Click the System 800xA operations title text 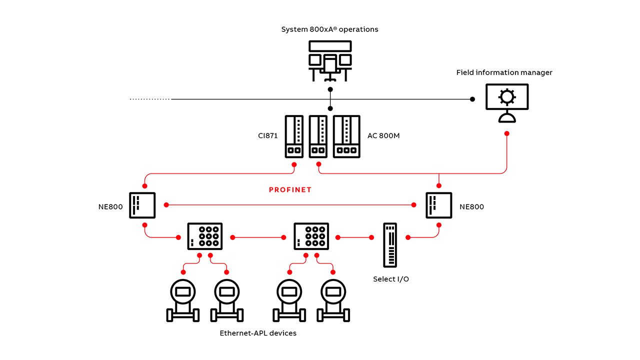pos(329,29)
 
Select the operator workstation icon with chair pos(330,60)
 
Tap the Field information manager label pos(504,72)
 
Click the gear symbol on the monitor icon pos(507,96)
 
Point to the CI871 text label pos(268,135)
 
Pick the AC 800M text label pos(383,135)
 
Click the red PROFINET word pos(290,190)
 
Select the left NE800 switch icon pos(142,205)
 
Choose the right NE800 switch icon pos(439,205)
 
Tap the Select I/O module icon pos(390,245)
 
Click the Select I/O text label pos(390,279)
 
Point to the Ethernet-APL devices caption pos(258,333)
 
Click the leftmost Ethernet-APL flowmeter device pos(182,300)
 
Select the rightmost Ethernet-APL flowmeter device pos(333,300)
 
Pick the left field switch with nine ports pos(205,236)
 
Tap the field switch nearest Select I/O pos(311,236)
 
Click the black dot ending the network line pos(472,99)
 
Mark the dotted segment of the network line pos(150,99)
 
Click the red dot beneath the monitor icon pos(507,133)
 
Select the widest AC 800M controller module pos(346,136)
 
